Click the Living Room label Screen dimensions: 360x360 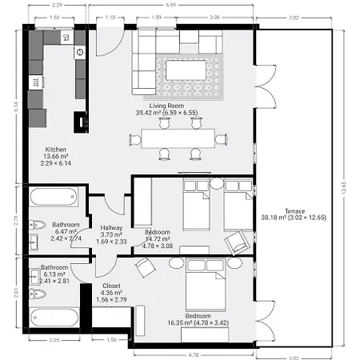pyautogui.click(x=168, y=105)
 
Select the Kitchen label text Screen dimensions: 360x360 pyautogui.click(x=55, y=149)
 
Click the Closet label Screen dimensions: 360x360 pyautogui.click(x=112, y=286)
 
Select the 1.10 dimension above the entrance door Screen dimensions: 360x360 pyautogui.click(x=110, y=16)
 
